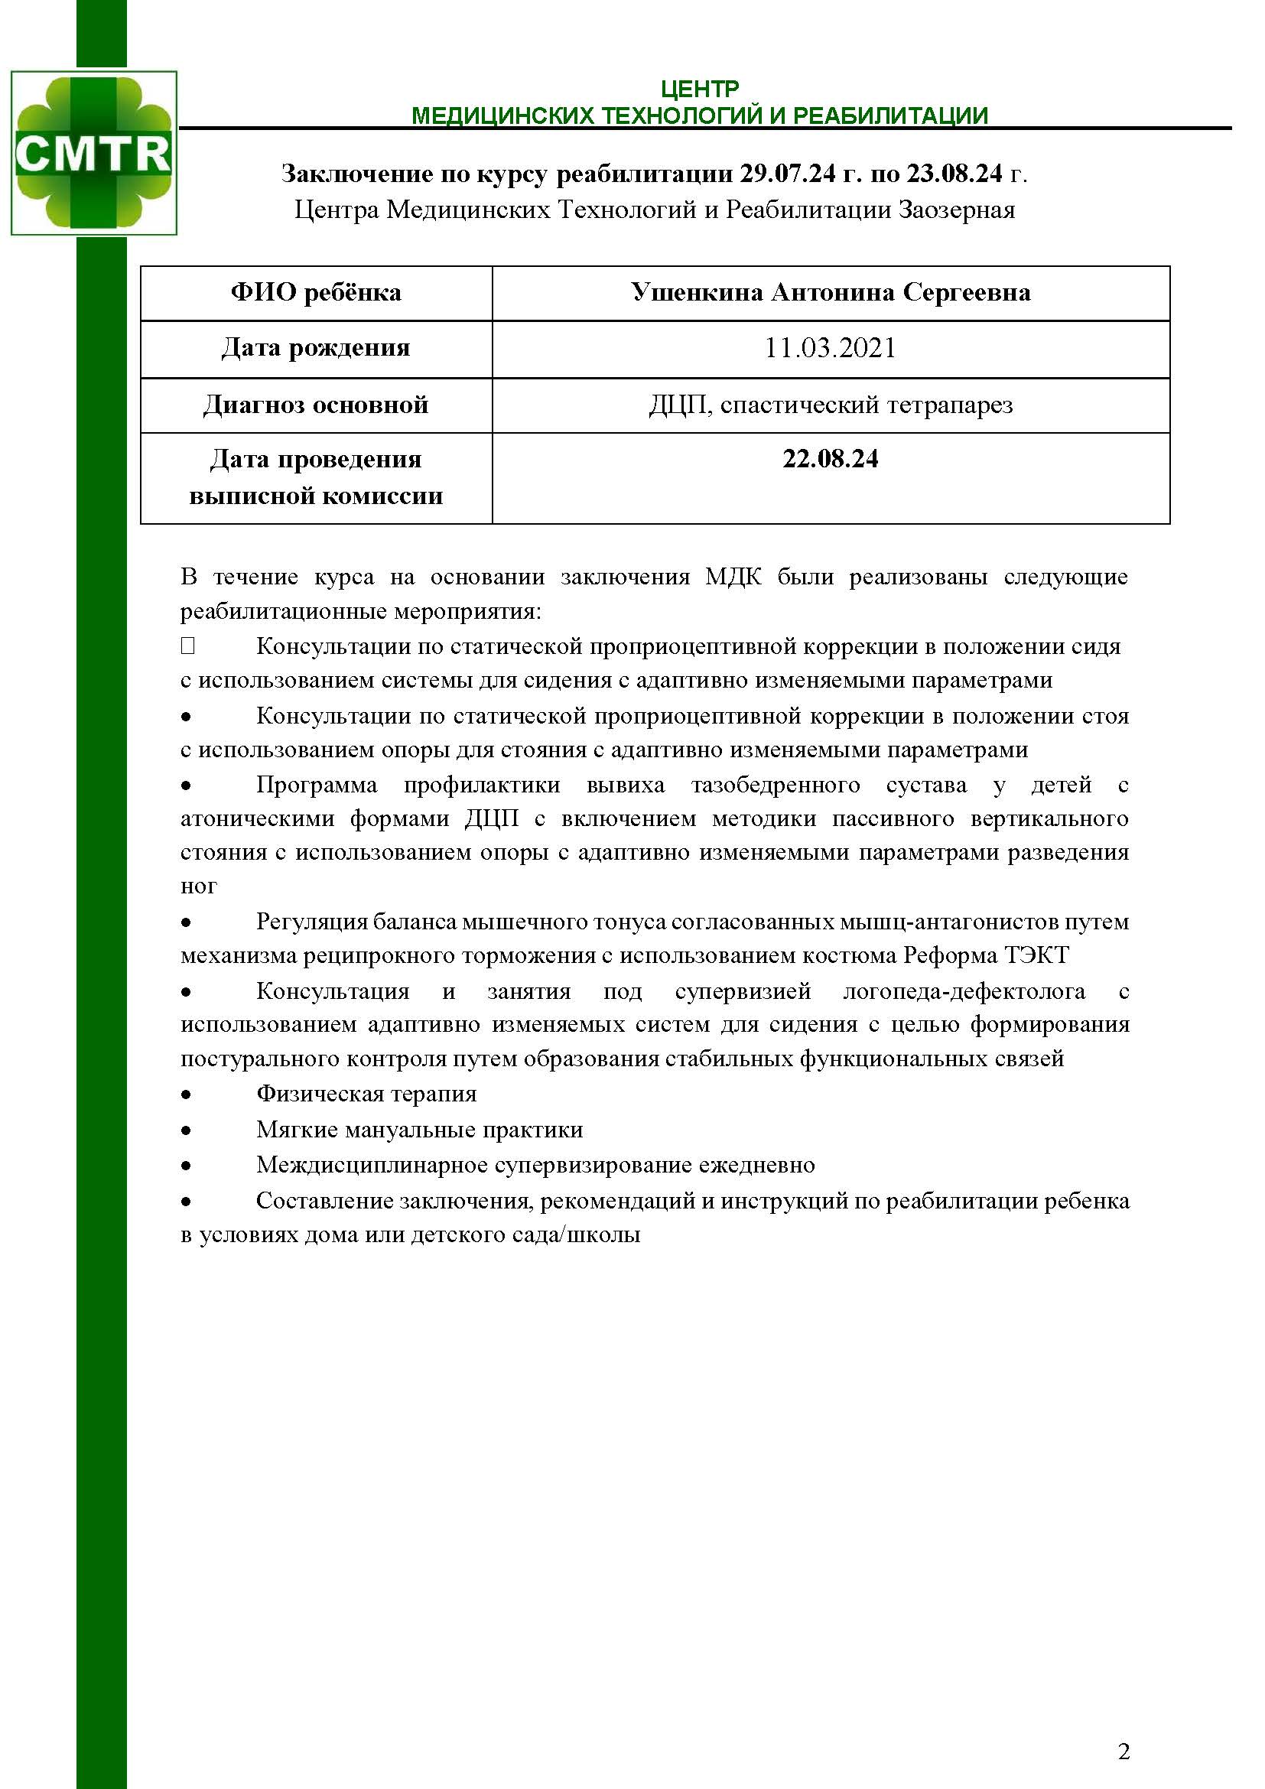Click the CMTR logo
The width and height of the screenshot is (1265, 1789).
click(93, 153)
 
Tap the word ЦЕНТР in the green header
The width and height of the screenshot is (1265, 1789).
click(699, 88)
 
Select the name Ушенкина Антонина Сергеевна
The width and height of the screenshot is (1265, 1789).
click(831, 293)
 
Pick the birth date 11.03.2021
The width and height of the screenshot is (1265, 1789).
click(831, 347)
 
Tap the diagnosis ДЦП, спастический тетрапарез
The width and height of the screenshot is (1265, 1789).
click(831, 405)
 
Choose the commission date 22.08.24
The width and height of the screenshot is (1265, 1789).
click(831, 459)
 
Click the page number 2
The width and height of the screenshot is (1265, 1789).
click(1124, 1752)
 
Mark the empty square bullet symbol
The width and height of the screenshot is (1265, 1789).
click(187, 646)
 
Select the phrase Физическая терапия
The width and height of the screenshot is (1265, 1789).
click(366, 1094)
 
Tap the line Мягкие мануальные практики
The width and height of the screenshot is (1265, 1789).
click(419, 1130)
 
